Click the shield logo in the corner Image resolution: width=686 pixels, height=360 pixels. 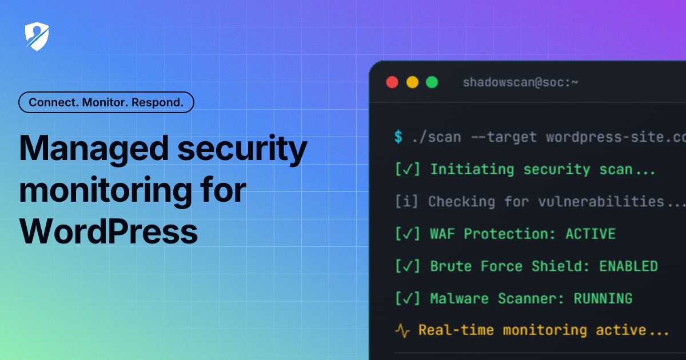tap(37, 37)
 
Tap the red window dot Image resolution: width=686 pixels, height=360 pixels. tap(392, 82)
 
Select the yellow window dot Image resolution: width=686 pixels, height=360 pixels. tap(412, 82)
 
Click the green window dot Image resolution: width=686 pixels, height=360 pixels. tap(432, 82)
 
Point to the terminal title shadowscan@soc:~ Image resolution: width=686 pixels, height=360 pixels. tap(520, 82)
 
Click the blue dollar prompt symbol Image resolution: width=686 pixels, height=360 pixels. tap(398, 137)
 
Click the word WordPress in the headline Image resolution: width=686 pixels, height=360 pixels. tap(109, 232)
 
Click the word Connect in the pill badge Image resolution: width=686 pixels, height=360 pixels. tap(53, 103)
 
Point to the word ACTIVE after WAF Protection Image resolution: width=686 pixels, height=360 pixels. tap(591, 234)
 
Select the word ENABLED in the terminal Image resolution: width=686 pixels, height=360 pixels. tap(628, 266)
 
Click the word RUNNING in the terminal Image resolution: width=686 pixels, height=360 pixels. tap(603, 298)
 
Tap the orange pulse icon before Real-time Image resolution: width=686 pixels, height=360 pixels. tap(402, 330)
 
